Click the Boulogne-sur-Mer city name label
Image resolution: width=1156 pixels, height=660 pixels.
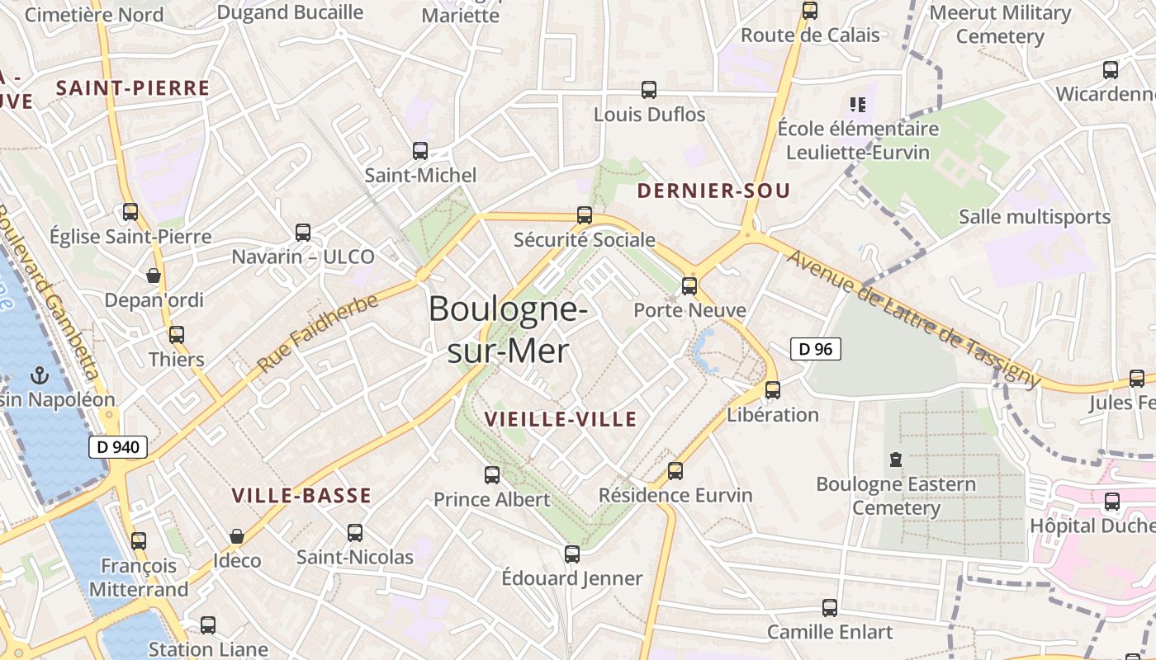pos(508,329)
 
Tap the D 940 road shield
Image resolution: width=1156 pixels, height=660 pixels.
pos(118,447)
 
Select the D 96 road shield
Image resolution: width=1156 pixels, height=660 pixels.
pos(816,349)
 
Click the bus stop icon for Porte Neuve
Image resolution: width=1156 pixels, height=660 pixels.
pos(689,286)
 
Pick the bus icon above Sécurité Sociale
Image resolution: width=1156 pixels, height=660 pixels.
pos(585,215)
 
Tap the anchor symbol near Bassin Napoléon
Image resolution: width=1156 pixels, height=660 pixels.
pos(38,376)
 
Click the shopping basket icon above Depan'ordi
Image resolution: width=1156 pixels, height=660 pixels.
pos(154,275)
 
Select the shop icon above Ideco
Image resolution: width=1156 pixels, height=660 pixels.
pos(237,536)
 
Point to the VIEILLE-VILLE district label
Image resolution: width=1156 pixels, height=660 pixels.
pos(561,419)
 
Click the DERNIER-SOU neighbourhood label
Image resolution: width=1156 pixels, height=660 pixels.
pos(713,191)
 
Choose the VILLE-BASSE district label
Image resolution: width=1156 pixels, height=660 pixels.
pos(301,496)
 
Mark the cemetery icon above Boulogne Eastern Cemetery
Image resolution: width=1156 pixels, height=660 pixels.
pos(896,459)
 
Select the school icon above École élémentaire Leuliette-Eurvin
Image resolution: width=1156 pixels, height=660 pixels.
pos(858,105)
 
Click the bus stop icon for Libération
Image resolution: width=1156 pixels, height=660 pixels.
pos(772,389)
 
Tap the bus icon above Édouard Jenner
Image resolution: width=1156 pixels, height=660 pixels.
pos(572,554)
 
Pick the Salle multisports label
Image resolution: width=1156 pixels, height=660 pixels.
pos(1035,217)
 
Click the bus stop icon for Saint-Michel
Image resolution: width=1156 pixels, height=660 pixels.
pos(420,151)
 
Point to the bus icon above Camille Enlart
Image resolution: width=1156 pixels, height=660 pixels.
pos(830,608)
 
